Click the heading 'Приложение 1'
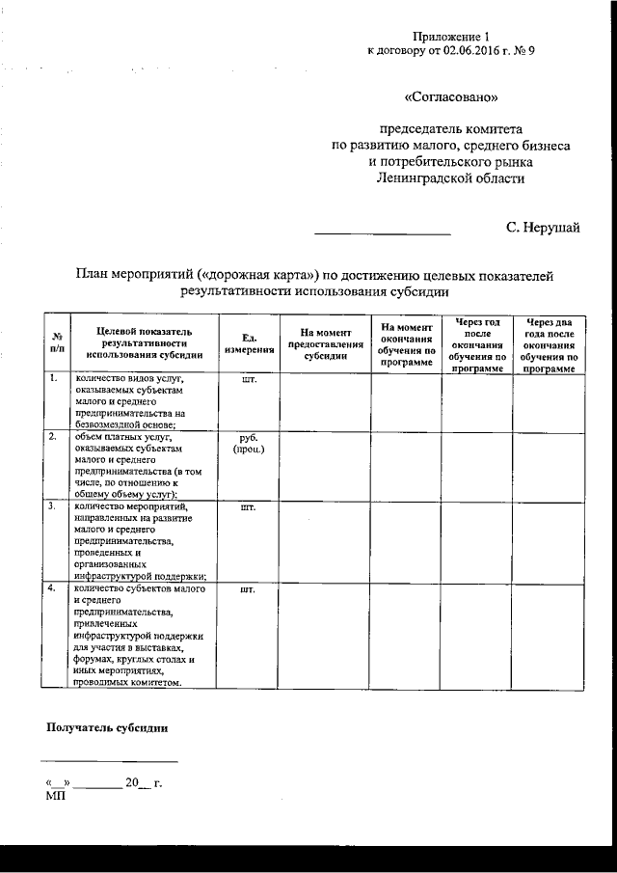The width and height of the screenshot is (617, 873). click(x=450, y=36)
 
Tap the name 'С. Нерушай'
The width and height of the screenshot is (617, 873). click(x=543, y=228)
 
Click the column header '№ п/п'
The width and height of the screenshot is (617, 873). click(x=56, y=342)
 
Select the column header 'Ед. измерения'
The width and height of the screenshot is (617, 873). click(x=249, y=342)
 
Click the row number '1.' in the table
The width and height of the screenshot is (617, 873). click(x=54, y=379)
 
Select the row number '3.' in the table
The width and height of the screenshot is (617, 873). click(x=54, y=505)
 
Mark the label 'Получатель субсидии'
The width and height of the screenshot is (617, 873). click(x=108, y=727)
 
